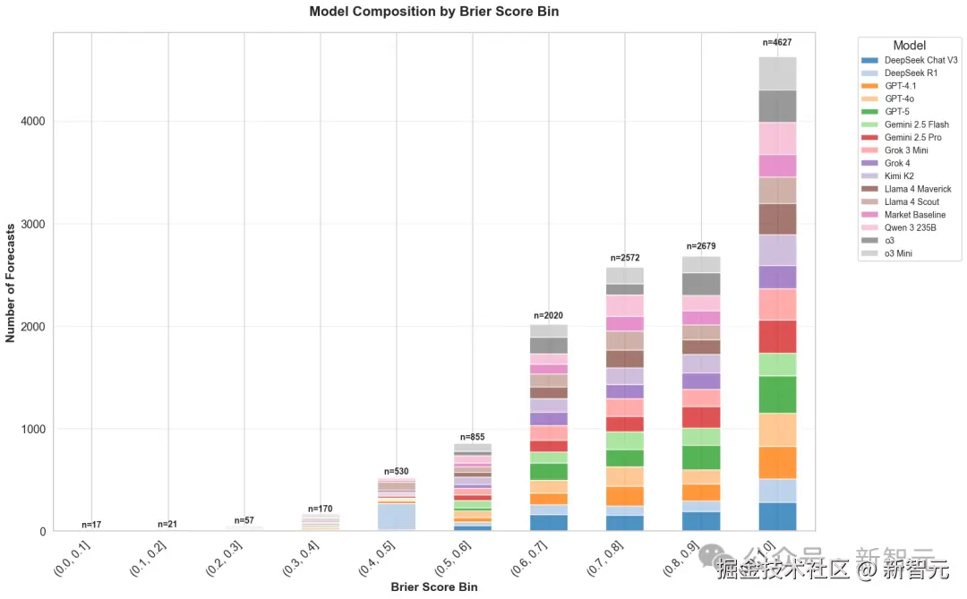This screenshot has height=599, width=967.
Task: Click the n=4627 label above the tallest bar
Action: [x=776, y=42]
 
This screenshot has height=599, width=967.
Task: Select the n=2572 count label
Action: [x=624, y=258]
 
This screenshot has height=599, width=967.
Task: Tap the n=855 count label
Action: [x=472, y=435]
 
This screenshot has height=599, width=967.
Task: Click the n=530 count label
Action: [x=396, y=471]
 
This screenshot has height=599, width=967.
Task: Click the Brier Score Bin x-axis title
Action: [x=433, y=587]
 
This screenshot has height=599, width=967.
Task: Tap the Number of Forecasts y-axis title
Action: [x=11, y=282]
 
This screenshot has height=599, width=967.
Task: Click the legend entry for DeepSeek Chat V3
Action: [x=920, y=60]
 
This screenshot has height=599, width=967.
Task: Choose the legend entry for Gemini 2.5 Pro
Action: [x=912, y=138]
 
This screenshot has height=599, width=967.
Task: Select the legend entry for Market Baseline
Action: [x=914, y=215]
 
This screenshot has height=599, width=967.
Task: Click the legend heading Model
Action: [x=909, y=45]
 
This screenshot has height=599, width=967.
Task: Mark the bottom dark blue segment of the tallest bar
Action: [x=776, y=517]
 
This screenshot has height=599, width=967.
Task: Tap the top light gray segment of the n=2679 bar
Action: [x=700, y=264]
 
